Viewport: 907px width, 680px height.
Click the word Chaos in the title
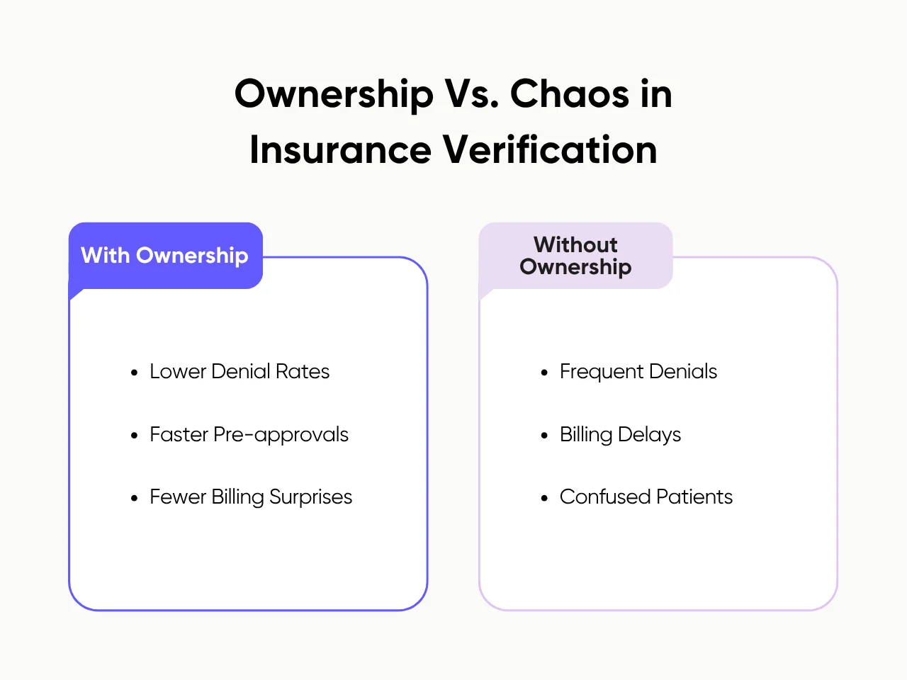(x=570, y=93)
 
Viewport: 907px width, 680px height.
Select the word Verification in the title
(x=550, y=150)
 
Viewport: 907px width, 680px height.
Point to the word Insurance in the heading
(x=340, y=150)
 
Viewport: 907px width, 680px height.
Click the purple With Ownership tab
(x=165, y=256)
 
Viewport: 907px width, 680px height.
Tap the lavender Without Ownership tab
(x=575, y=256)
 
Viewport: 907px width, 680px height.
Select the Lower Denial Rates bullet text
(x=240, y=372)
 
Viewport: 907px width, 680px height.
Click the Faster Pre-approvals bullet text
(x=249, y=434)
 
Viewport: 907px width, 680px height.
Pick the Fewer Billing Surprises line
(x=251, y=497)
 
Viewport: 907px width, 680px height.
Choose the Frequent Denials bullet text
(x=638, y=372)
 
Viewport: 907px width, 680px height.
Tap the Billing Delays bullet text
(x=620, y=434)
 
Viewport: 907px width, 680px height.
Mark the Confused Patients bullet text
(x=646, y=497)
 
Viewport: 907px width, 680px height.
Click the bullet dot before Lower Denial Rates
(x=135, y=373)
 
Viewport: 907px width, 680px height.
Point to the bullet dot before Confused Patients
(x=544, y=499)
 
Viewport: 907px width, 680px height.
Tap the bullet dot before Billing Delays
(x=544, y=436)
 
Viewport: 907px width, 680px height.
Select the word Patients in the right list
(x=694, y=497)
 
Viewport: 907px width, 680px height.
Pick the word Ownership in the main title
(x=334, y=93)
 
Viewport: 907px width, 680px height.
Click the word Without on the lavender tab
(x=575, y=244)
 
